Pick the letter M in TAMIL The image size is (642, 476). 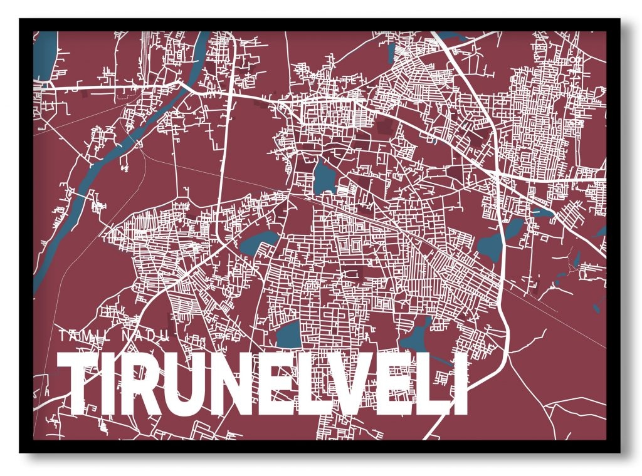92,336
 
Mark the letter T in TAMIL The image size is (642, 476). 64,336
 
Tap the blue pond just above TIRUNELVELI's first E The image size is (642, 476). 288,334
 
